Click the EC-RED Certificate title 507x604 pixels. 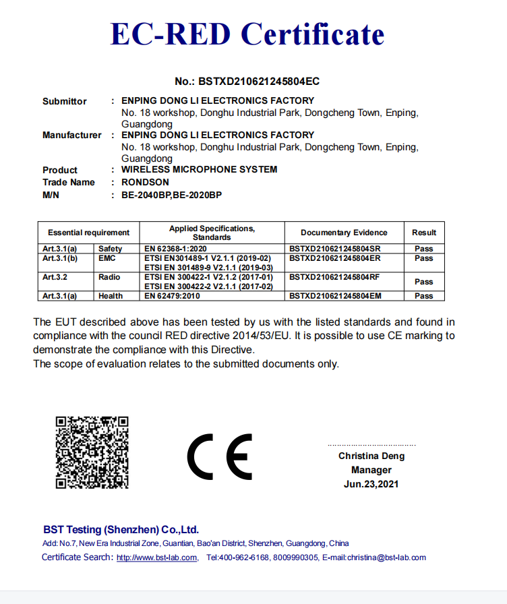tap(247, 34)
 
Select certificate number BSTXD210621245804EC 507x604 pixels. tap(247, 82)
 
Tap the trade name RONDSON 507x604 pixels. tap(145, 182)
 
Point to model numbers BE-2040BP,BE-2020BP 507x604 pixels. tap(171, 195)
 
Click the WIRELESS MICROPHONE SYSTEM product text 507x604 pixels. tap(199, 169)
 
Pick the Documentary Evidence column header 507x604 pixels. tap(344, 233)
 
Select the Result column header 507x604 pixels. tap(424, 233)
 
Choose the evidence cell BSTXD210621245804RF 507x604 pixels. tap(334, 277)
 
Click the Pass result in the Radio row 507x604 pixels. tap(424, 282)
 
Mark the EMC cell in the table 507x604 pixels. tap(107, 258)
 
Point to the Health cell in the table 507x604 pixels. tap(111, 296)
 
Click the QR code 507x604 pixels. tap(92, 452)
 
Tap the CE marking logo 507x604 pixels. tap(220, 456)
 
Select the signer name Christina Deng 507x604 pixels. tap(371, 456)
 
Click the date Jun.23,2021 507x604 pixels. tap(371, 484)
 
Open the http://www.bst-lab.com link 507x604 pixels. tap(156, 557)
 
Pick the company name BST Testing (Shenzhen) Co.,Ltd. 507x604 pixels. tap(121, 530)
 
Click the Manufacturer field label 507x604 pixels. tap(71, 135)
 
